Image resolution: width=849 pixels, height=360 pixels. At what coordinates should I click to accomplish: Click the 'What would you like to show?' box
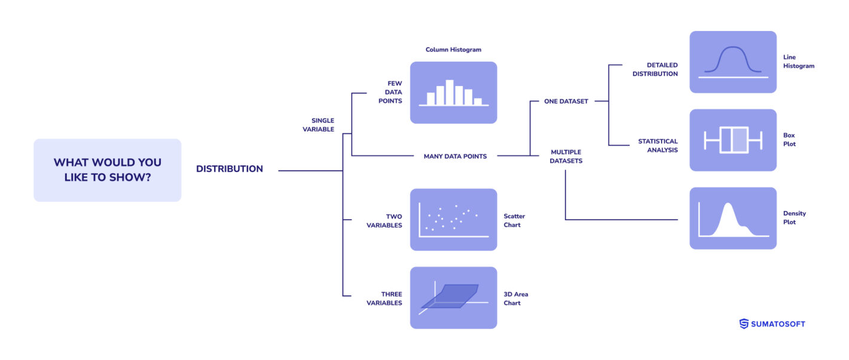107,170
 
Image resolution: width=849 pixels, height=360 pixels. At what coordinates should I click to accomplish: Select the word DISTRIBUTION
230,169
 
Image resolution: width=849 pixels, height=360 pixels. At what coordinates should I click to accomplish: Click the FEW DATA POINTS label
390,93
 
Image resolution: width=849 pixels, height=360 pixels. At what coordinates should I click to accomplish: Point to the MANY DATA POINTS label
455,157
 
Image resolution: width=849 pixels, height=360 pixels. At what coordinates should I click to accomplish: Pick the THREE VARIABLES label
384,298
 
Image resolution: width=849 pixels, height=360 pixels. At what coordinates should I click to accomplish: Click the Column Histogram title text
453,50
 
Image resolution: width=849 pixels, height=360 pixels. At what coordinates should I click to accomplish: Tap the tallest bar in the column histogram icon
450,93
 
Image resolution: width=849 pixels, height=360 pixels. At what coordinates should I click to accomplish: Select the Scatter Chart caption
514,221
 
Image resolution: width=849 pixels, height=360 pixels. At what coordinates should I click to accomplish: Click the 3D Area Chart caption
516,298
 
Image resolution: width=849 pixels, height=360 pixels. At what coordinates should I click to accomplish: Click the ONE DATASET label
566,102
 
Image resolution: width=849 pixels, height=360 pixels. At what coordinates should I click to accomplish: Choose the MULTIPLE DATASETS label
566,157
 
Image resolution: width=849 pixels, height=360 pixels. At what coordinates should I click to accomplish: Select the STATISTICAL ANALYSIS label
658,146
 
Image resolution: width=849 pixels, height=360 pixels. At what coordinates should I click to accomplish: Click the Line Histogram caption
799,62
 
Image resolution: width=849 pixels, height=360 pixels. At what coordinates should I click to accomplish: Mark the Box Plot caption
789,139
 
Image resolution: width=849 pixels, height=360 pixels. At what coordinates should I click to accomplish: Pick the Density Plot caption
795,218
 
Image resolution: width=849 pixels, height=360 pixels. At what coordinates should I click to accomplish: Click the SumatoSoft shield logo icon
744,324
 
